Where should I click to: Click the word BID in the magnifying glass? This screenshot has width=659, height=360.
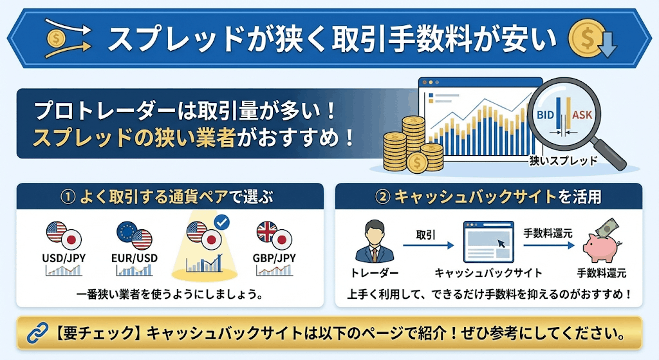546,115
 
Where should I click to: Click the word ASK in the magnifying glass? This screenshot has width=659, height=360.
582,115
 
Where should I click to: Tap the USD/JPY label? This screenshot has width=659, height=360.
64,258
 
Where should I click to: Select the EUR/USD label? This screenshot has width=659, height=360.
135,258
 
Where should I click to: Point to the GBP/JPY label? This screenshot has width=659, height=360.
274,258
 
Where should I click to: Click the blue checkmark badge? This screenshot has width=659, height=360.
221,222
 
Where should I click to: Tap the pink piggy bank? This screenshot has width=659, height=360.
600,247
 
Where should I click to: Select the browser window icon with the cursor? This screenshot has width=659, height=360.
488,242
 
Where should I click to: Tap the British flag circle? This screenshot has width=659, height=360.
267,232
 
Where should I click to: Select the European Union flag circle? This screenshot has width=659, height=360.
127,232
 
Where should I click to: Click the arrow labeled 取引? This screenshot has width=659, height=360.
428,245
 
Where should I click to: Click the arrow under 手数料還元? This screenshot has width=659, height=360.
548,245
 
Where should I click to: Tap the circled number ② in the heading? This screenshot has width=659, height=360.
382,197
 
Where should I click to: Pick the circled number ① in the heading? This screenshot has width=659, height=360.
68,197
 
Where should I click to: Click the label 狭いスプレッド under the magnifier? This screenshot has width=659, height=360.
563,160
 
